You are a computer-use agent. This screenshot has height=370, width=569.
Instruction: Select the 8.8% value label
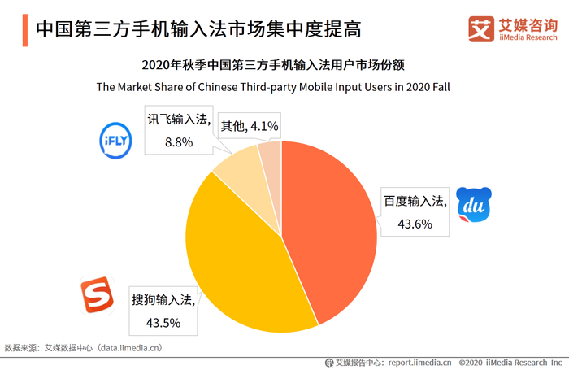tap(178, 141)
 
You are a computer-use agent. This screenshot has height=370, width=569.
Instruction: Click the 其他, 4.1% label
tap(250, 126)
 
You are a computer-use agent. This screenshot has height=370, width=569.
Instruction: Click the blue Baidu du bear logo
tap(473, 207)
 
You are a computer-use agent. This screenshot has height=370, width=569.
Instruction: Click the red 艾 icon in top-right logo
tap(481, 28)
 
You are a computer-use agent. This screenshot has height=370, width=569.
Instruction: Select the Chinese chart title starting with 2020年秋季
tap(273, 64)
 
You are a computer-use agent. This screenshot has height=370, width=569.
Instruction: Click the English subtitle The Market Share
tap(273, 85)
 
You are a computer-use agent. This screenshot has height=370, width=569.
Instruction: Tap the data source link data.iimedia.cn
tap(130, 347)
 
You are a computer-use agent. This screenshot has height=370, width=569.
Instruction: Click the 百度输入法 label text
tap(415, 201)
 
